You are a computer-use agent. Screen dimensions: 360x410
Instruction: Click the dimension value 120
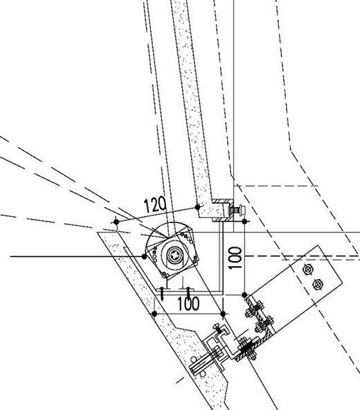(x=155, y=204)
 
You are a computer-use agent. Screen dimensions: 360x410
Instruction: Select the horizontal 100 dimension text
(x=188, y=303)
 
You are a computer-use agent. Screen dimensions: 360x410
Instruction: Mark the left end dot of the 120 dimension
(x=116, y=222)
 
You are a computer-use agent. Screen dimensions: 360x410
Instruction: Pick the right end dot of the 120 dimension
(x=197, y=207)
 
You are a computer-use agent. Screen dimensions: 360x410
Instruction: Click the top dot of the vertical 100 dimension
(x=244, y=222)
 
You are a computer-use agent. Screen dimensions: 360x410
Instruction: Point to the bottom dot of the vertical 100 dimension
(x=244, y=295)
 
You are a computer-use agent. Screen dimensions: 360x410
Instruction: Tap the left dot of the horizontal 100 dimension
(x=154, y=314)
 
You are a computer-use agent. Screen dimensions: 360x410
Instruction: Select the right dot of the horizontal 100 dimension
(x=223, y=314)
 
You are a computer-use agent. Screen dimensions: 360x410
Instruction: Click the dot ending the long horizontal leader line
(x=144, y=257)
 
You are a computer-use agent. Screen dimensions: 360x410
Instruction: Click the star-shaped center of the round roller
(x=174, y=255)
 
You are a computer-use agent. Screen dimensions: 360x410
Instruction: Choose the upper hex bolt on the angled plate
(x=308, y=269)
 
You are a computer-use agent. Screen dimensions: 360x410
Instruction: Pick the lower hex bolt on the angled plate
(x=318, y=284)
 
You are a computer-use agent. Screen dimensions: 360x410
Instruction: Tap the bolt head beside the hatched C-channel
(x=237, y=210)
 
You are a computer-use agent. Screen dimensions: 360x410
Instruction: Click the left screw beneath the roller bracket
(x=163, y=294)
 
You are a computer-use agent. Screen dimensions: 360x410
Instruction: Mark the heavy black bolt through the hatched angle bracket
(x=246, y=349)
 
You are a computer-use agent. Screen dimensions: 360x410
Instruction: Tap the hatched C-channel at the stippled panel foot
(x=223, y=211)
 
